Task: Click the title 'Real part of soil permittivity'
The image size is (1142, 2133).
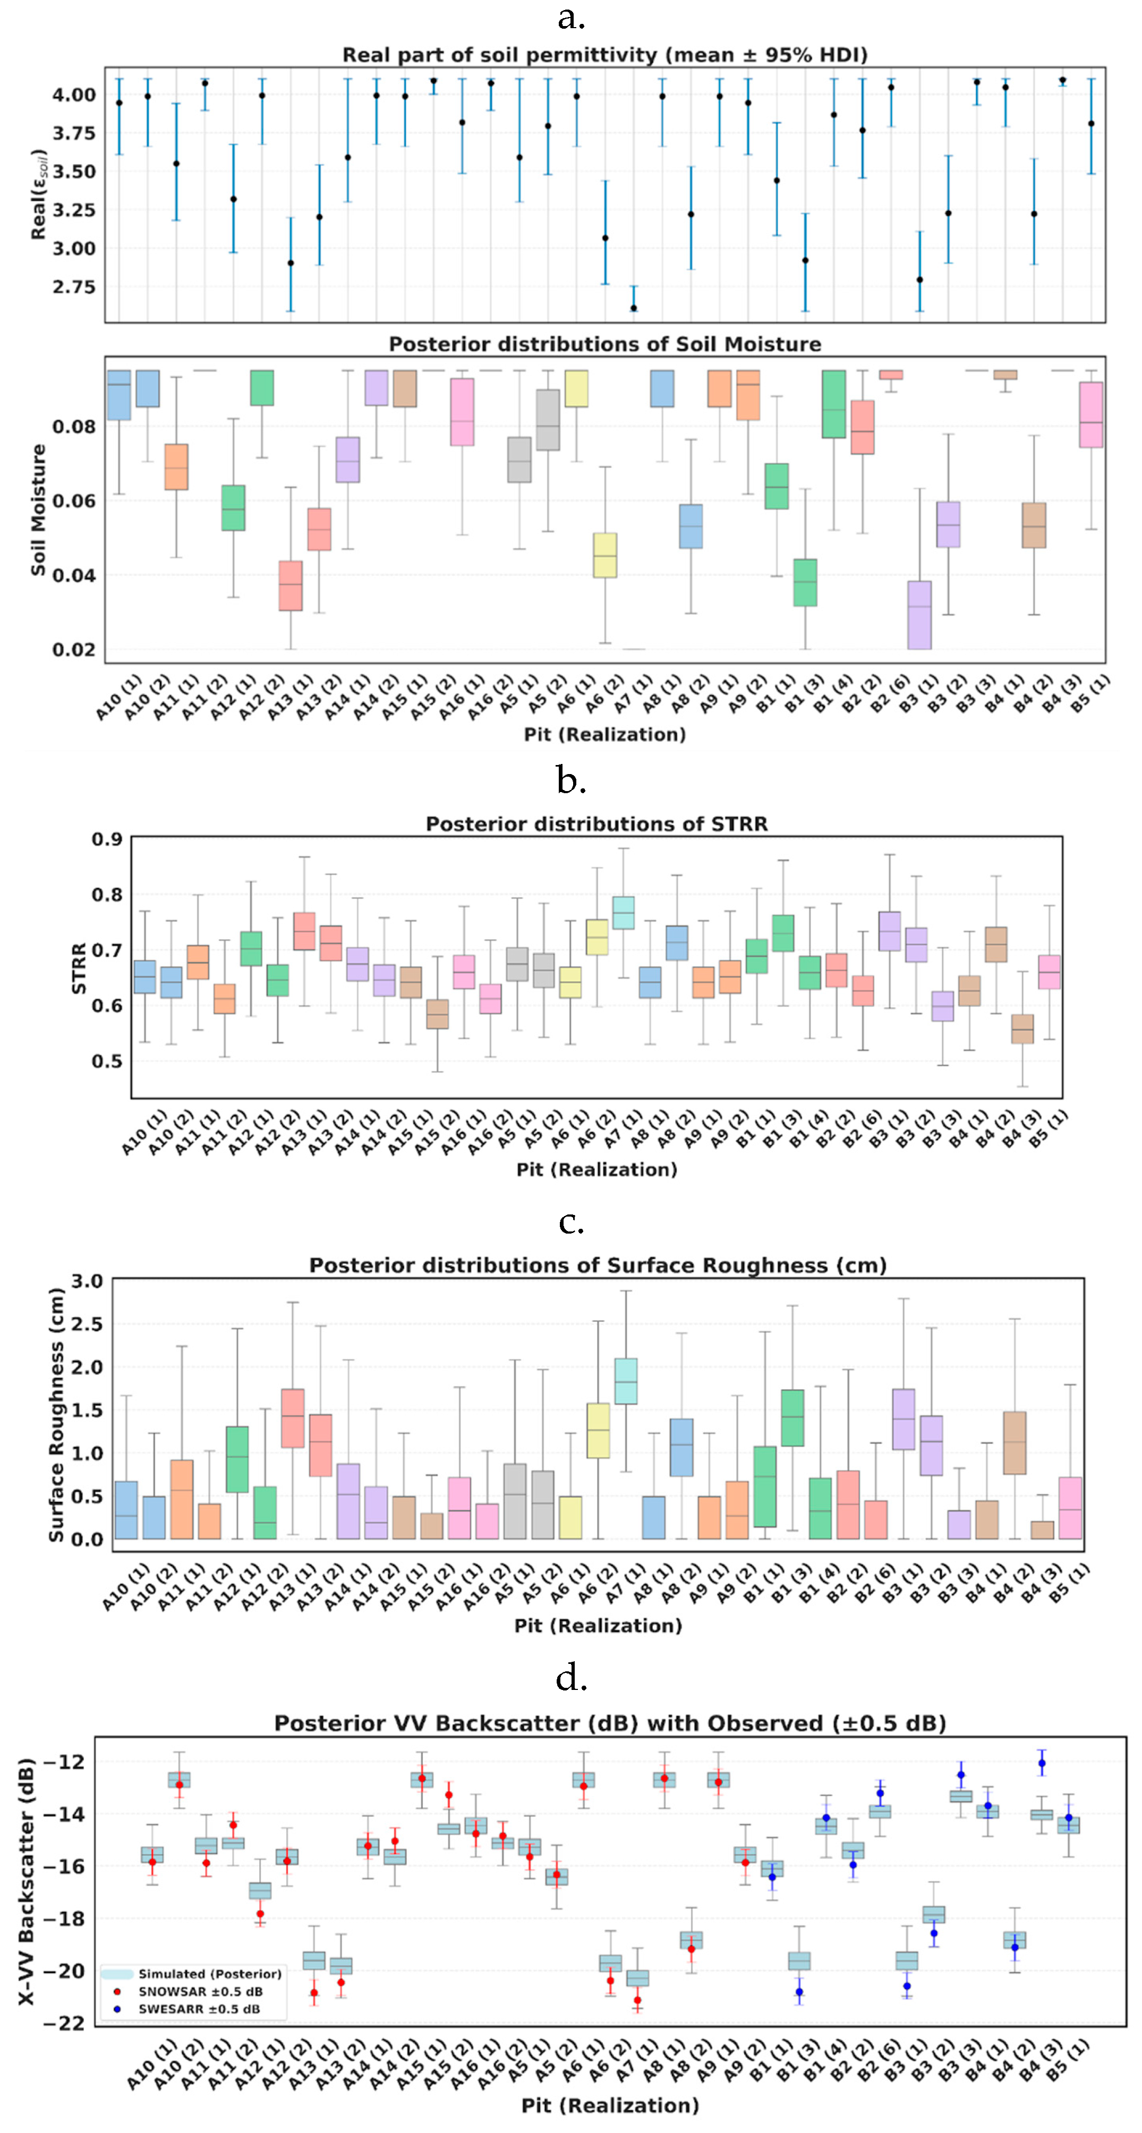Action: (604, 55)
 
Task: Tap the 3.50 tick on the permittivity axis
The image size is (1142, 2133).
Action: (74, 172)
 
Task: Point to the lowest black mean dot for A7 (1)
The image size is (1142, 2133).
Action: (634, 308)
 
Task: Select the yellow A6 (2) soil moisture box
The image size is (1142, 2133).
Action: (606, 555)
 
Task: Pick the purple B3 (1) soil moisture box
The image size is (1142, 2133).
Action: (919, 614)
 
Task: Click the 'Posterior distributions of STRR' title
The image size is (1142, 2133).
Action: (596, 824)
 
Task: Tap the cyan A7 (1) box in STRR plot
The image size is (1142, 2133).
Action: (623, 913)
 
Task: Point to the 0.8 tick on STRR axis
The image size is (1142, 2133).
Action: (107, 894)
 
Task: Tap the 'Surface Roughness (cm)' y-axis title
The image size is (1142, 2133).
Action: (56, 1415)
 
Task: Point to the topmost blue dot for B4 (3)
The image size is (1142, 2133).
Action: (1042, 1763)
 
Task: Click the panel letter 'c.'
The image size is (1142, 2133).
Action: (572, 1222)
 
